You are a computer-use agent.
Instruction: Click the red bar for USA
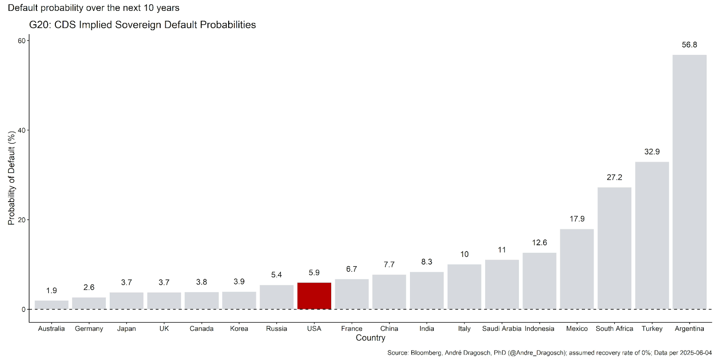(314, 296)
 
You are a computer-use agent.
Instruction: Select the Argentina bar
(689, 182)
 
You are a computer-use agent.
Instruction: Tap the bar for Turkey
(652, 235)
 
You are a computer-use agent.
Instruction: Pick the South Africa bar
(614, 248)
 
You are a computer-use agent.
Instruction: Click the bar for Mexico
(577, 269)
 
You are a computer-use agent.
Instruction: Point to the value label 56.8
(689, 45)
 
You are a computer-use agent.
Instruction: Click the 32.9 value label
(652, 152)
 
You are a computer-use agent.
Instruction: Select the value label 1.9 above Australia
(51, 291)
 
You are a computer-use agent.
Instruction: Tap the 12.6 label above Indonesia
(540, 243)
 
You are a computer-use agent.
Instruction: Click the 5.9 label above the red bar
(314, 273)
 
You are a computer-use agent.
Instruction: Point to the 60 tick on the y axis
(22, 41)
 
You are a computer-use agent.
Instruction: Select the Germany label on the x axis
(89, 328)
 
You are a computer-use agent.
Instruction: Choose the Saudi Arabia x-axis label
(502, 328)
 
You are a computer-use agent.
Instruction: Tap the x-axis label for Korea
(239, 328)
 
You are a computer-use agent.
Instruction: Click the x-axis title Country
(370, 338)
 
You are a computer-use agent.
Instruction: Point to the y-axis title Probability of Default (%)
(12, 178)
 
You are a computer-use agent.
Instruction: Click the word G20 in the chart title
(40, 25)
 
